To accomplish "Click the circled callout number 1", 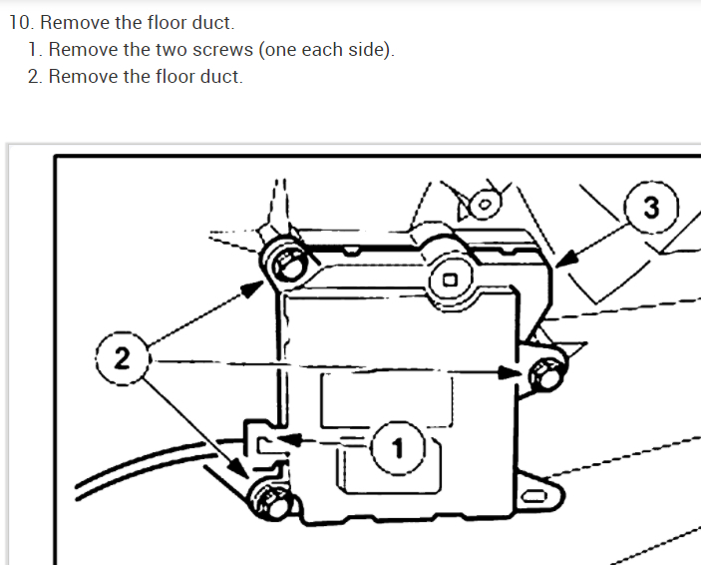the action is tap(398, 447).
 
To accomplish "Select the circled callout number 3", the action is tap(651, 209).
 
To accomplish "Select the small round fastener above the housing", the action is tap(485, 205).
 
